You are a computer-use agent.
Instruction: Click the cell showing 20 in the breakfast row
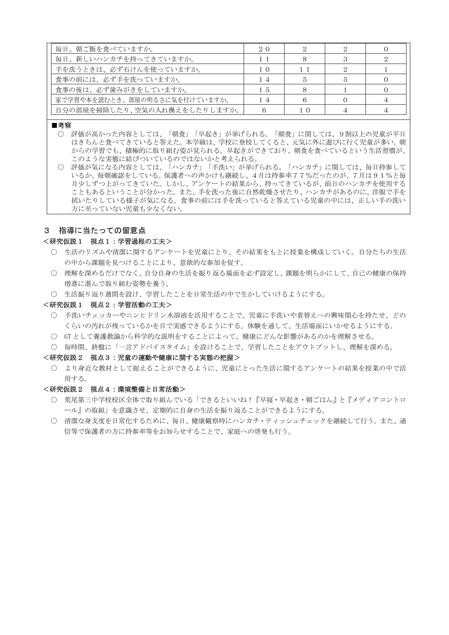(264, 49)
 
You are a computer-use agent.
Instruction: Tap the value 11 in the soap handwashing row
(304, 69)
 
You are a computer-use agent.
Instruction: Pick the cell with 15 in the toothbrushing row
(264, 90)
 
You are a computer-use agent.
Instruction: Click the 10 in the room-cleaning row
(304, 110)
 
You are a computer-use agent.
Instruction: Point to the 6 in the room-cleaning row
(264, 110)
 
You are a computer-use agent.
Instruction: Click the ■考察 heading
(62, 126)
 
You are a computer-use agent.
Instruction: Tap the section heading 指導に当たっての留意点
(102, 230)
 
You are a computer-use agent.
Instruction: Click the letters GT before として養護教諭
(68, 337)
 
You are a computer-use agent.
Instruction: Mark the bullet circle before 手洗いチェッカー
(54, 315)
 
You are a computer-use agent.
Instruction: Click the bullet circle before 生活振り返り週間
(54, 294)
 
